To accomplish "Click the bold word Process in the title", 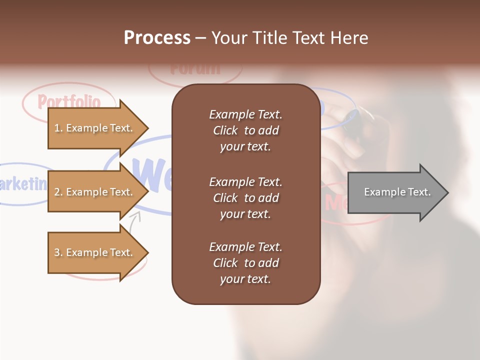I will [157, 38].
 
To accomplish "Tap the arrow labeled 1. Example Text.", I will [95, 128].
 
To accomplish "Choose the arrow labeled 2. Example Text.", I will [95, 192].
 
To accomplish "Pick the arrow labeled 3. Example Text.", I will [95, 252].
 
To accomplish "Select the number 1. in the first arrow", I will [58, 128].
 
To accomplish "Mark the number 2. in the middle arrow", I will [58, 192].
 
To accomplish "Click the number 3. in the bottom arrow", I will [58, 252].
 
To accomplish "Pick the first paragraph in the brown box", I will [245, 130].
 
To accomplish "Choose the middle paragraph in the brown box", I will [245, 198].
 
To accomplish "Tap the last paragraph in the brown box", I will [245, 263].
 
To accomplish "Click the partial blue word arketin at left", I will [22, 184].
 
